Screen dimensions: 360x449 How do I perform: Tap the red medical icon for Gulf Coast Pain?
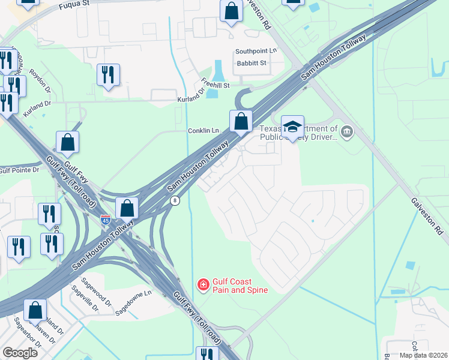click(x=203, y=284)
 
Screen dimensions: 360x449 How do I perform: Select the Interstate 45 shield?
click(x=105, y=220)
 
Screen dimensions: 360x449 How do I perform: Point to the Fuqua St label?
click(x=74, y=5)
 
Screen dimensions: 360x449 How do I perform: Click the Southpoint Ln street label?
click(x=256, y=52)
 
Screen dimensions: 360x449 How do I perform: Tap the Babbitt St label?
click(x=252, y=62)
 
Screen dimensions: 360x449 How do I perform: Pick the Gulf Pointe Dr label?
click(x=19, y=170)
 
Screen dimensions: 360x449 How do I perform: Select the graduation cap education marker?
click(x=292, y=127)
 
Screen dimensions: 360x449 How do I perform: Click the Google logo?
click(x=20, y=353)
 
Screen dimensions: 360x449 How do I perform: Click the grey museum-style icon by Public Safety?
click(x=346, y=131)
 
